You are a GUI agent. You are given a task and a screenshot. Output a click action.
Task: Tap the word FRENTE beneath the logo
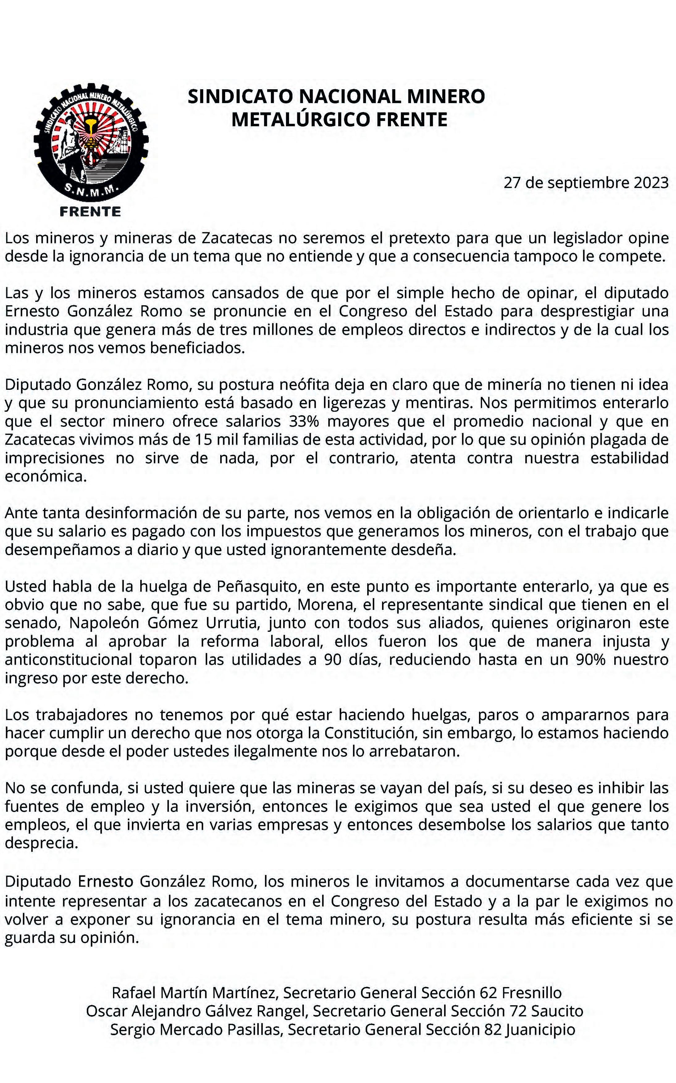pos(90,212)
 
